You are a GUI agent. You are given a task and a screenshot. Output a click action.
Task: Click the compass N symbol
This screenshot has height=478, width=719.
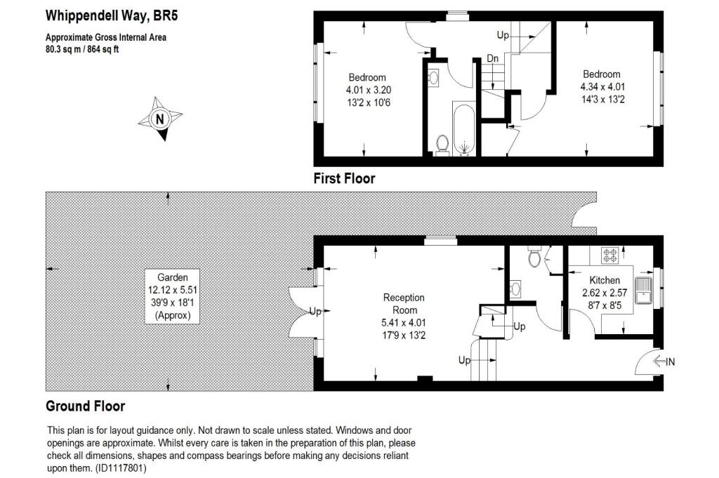pyautogui.click(x=160, y=119)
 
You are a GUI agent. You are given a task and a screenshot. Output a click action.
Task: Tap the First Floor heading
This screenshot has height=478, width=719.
pyautogui.click(x=344, y=178)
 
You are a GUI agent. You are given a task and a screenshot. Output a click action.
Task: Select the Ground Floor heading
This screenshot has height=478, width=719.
pyautogui.click(x=85, y=406)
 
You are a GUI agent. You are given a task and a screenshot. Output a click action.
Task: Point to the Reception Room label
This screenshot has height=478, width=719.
pyautogui.click(x=404, y=304)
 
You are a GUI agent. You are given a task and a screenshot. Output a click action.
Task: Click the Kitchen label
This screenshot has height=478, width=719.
pyautogui.click(x=605, y=280)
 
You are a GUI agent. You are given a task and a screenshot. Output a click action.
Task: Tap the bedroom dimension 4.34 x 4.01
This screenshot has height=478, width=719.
pyautogui.click(x=602, y=87)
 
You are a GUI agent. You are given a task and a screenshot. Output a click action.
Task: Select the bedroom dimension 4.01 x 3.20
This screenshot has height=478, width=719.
pyautogui.click(x=368, y=90)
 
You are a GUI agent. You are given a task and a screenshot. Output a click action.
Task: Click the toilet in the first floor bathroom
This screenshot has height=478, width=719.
pyautogui.click(x=442, y=144)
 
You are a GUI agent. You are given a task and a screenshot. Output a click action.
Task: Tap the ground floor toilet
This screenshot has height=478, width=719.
pyautogui.click(x=535, y=258)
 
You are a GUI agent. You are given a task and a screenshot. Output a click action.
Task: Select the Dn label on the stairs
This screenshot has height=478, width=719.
pyautogui.click(x=493, y=59)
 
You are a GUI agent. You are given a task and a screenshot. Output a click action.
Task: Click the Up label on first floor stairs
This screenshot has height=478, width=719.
pyautogui.click(x=503, y=34)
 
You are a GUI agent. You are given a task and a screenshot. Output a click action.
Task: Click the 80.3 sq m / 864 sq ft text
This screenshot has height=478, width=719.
pyautogui.click(x=82, y=49)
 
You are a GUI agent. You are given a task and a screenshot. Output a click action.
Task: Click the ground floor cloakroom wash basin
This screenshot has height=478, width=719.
pyautogui.click(x=516, y=288)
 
